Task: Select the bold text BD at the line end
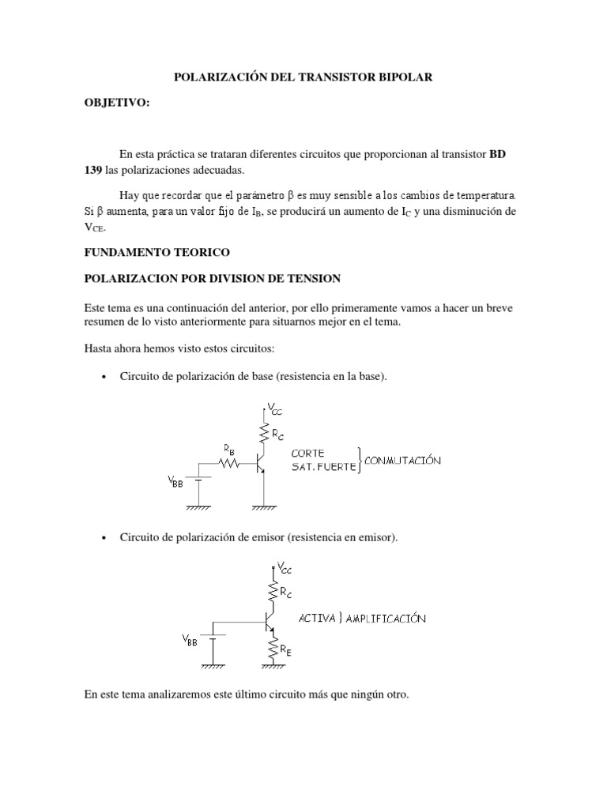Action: (497, 153)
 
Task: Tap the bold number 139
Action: (93, 171)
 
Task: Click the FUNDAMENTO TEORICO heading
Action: (156, 252)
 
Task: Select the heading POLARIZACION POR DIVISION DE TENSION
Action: (212, 278)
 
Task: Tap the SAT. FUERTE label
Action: (323, 467)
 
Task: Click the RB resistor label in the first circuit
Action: (228, 448)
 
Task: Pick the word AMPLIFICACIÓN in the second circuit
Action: (383, 619)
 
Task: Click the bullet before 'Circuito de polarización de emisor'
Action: (104, 538)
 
